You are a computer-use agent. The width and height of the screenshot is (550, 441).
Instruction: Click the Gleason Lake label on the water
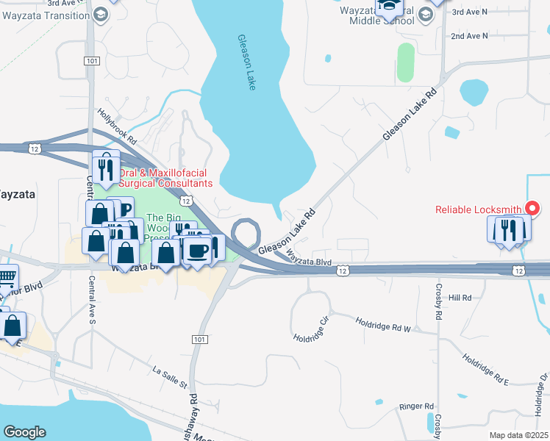(246, 62)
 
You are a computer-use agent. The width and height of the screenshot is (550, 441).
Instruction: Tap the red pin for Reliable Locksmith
(534, 208)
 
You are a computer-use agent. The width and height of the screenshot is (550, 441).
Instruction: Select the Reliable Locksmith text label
(479, 209)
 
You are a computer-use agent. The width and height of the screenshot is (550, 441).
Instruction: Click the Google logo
(24, 432)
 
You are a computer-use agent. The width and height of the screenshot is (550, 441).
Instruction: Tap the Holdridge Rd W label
(384, 324)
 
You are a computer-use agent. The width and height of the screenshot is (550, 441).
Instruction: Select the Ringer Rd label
(417, 406)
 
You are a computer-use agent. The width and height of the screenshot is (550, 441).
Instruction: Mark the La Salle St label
(171, 380)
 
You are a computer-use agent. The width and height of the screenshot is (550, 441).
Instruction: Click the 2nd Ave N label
(469, 35)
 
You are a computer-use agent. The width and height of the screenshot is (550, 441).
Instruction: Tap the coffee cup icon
(197, 251)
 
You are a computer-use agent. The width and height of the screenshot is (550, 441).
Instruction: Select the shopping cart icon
(6, 277)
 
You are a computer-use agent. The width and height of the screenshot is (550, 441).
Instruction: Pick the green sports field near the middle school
(405, 63)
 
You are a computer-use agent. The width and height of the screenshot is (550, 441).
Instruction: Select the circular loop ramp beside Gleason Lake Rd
(246, 234)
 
